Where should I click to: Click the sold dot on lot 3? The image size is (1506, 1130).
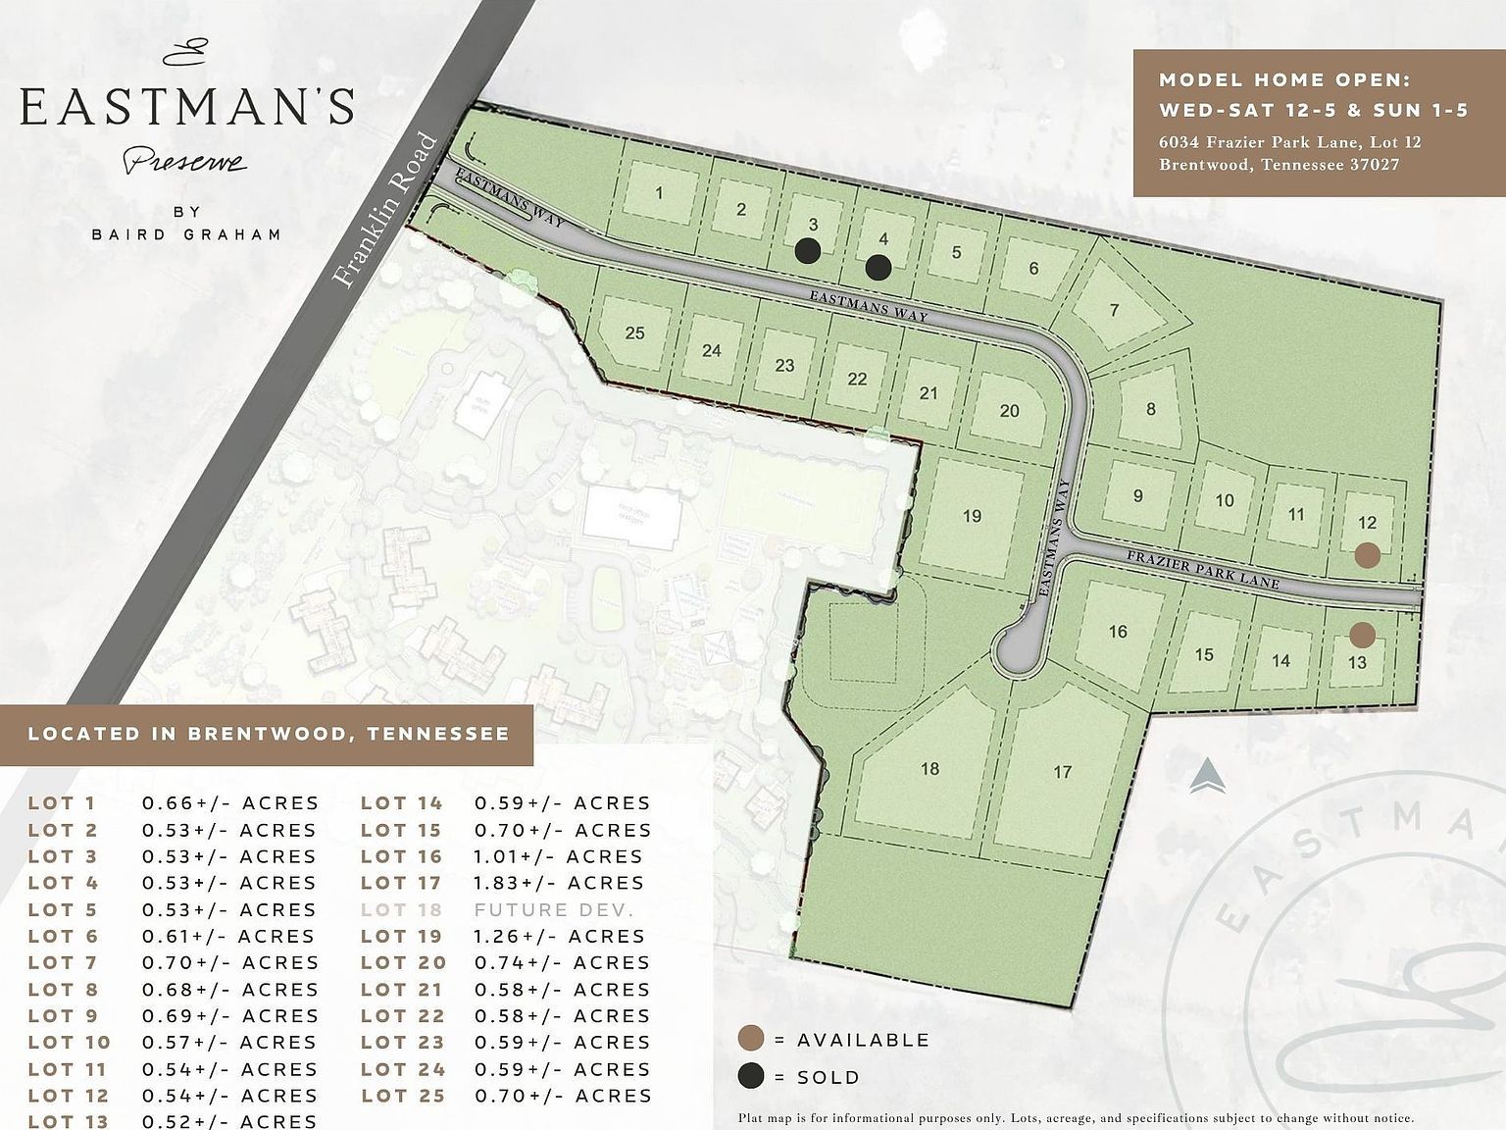(807, 251)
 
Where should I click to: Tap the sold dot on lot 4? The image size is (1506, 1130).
(878, 265)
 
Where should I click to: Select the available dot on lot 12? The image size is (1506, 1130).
(1368, 555)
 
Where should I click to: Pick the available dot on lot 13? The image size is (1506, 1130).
(1361, 635)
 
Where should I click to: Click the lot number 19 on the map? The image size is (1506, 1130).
(972, 516)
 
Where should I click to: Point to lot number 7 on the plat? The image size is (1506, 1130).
(1114, 310)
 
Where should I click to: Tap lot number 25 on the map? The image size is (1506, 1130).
(634, 334)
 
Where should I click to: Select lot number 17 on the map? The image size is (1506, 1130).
(1062, 772)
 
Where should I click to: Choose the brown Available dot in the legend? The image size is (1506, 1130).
(751, 1040)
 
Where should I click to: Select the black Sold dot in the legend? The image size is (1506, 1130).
(751, 1076)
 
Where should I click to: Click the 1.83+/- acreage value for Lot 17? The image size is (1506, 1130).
(559, 883)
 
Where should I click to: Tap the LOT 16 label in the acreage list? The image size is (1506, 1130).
(401, 856)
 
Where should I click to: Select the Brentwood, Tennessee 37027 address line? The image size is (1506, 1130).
(1279, 165)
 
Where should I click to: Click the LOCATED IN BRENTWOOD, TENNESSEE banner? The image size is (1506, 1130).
(268, 734)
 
